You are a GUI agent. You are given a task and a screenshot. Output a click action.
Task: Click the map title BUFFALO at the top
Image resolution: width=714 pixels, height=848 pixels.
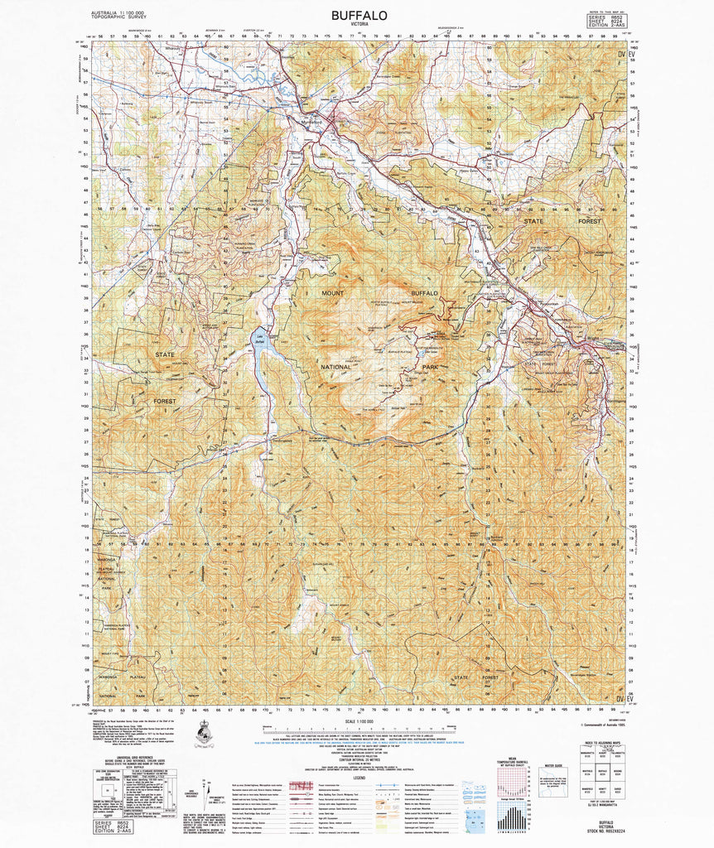(358, 15)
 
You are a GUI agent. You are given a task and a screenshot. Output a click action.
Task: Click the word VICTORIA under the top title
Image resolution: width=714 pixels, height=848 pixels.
(358, 26)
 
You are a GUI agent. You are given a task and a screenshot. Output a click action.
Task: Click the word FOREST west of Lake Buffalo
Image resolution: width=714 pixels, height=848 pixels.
(164, 401)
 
